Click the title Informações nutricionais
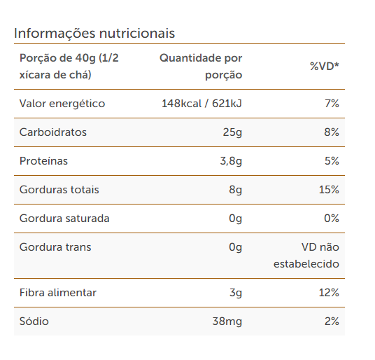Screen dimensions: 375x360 pyautogui.click(x=94, y=33)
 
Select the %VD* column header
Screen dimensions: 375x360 pyautogui.click(x=325, y=67)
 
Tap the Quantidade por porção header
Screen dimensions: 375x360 pyautogui.click(x=201, y=67)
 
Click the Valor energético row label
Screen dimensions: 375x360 pyautogui.click(x=62, y=104)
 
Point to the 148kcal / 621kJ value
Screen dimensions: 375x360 pyautogui.click(x=202, y=104)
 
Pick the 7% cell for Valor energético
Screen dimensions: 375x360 pyautogui.click(x=332, y=104)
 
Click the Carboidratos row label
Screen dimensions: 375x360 pyautogui.click(x=53, y=132)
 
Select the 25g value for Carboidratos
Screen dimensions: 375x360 pyautogui.click(x=232, y=132)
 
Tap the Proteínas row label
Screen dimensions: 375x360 pyautogui.click(x=43, y=161)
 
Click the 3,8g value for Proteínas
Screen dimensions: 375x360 pyautogui.click(x=231, y=161)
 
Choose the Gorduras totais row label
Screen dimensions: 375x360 pyautogui.click(x=59, y=190)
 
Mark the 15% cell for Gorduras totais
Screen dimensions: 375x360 pyautogui.click(x=329, y=190)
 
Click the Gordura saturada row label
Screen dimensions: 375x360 pyautogui.click(x=64, y=219)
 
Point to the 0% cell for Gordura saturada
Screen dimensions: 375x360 pyautogui.click(x=332, y=219)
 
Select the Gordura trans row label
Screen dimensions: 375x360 pyautogui.click(x=55, y=247)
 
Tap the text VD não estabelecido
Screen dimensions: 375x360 pyautogui.click(x=306, y=256)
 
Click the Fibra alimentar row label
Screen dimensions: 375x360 pyautogui.click(x=58, y=293)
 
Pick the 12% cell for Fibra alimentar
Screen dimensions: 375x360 pyautogui.click(x=329, y=293)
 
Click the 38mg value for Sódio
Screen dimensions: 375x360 pyautogui.click(x=227, y=321)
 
